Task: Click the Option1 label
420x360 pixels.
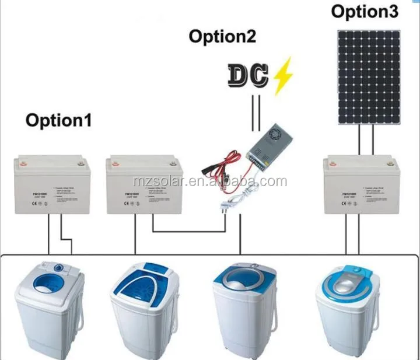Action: coord(59,121)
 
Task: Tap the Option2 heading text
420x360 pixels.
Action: coord(222,37)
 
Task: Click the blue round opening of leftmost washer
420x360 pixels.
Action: coord(42,288)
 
